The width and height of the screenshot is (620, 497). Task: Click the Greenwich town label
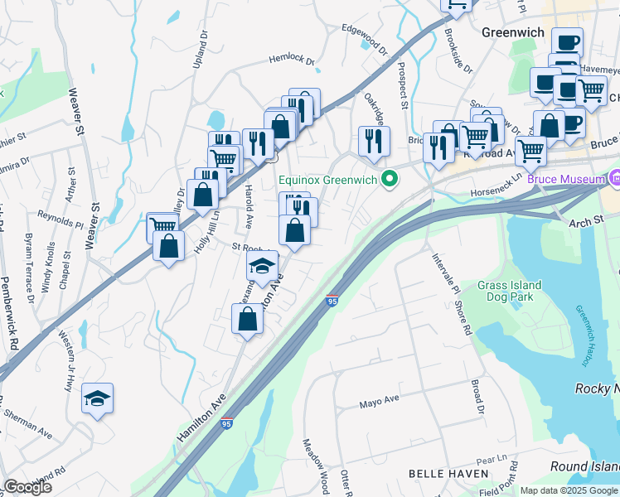click(512, 32)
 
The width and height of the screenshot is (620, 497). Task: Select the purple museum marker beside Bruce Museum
click(614, 178)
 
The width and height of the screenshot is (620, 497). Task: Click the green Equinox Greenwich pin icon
click(387, 179)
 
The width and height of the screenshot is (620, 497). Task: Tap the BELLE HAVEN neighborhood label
click(443, 473)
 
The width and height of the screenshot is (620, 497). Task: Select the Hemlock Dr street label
click(292, 60)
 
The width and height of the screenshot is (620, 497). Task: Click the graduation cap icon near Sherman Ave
click(97, 398)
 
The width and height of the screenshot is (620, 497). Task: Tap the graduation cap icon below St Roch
click(262, 267)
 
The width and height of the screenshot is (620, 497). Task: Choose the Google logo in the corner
click(27, 486)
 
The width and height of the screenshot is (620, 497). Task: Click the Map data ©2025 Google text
click(569, 490)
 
